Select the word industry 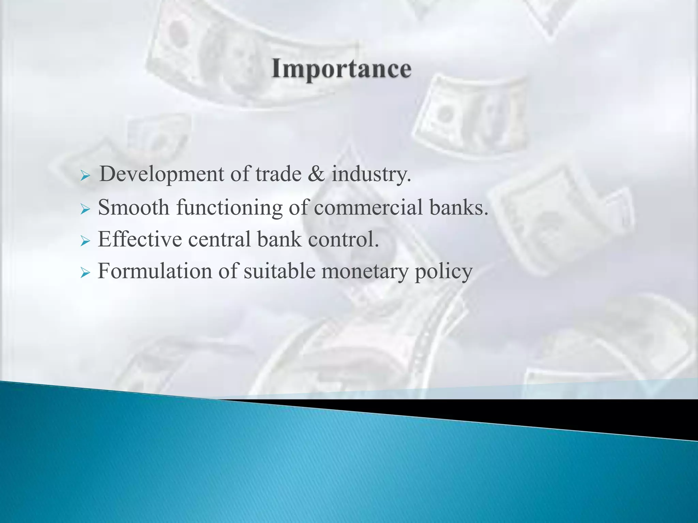coord(371,174)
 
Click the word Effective coord(140,239)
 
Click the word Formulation coord(155,271)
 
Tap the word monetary coord(364,272)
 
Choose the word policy coord(443,272)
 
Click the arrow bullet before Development coord(85,176)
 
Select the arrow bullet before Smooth coord(85,209)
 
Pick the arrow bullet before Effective coord(85,241)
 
